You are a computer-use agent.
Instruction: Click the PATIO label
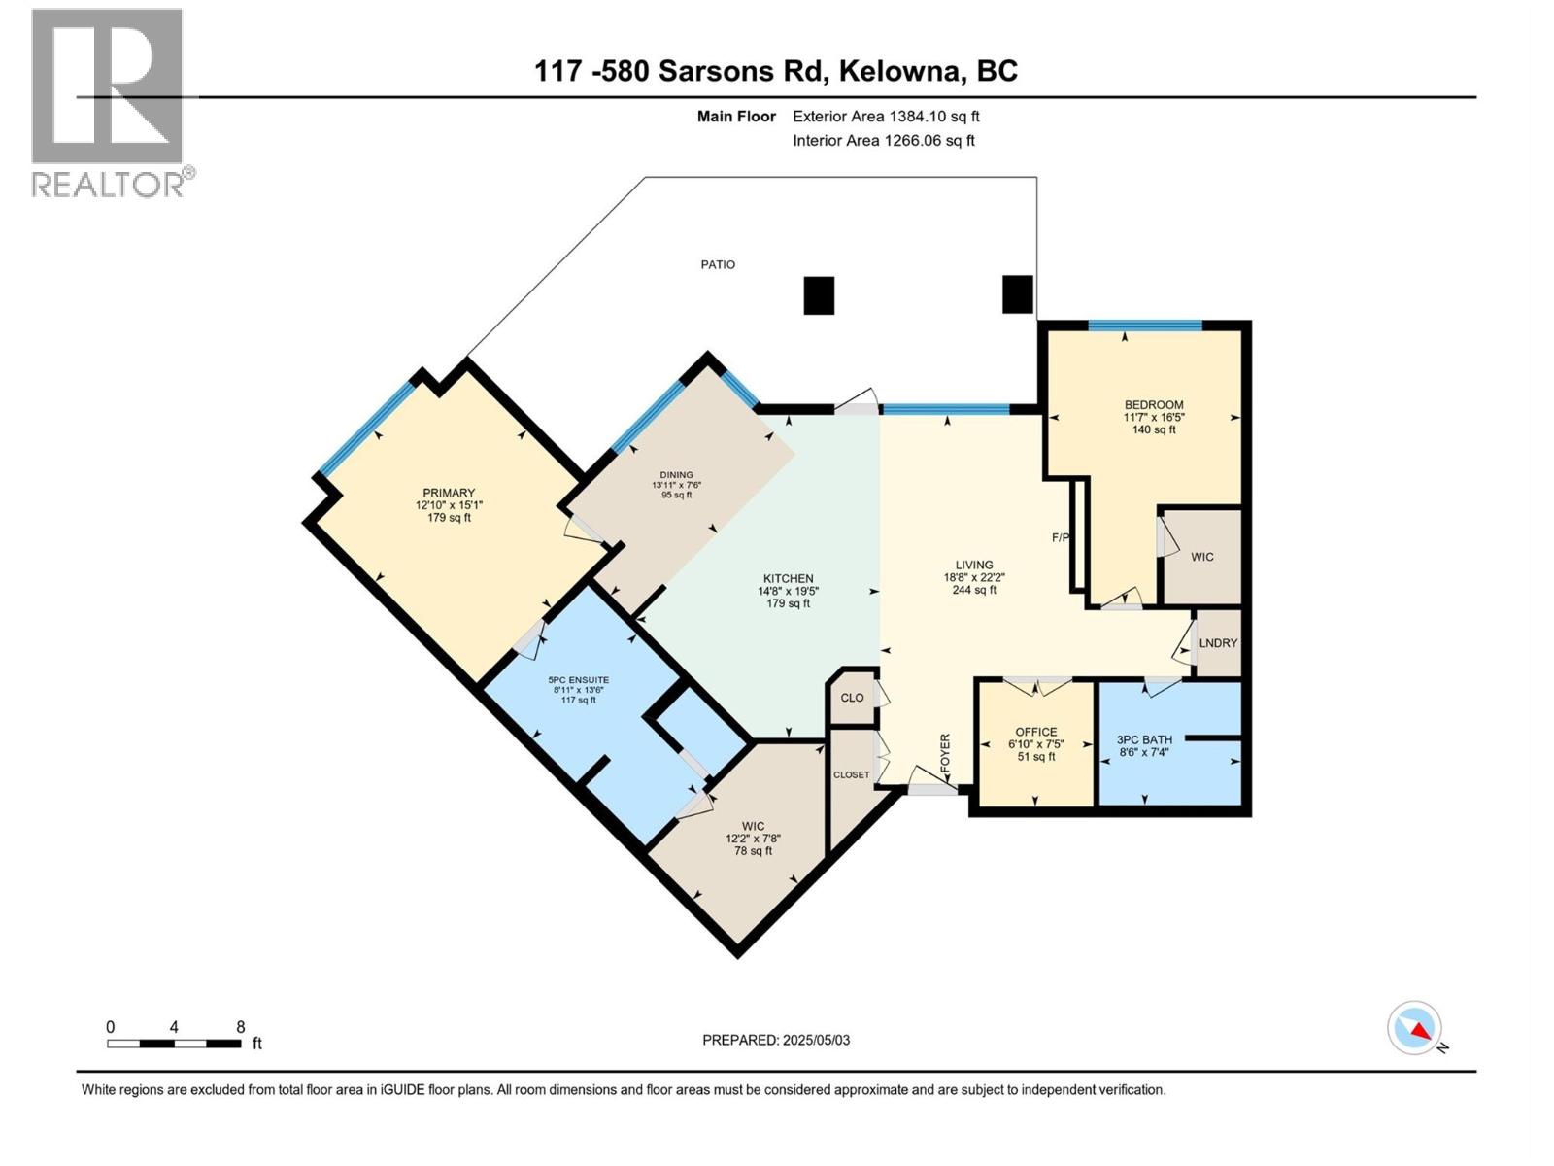click(x=718, y=264)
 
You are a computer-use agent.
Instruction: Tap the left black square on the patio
click(x=819, y=295)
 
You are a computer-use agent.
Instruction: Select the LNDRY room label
click(x=1218, y=643)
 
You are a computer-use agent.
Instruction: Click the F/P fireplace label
click(x=1061, y=537)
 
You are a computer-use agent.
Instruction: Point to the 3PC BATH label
click(x=1144, y=739)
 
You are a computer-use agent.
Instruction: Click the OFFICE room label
click(x=1035, y=732)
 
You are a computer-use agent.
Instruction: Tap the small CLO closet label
click(x=852, y=698)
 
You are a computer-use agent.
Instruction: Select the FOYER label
click(x=945, y=753)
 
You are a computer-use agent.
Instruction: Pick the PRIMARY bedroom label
click(x=449, y=493)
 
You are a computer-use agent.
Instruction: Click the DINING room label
click(x=676, y=475)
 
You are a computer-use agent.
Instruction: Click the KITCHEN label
click(x=788, y=578)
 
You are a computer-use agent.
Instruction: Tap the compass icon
click(x=1414, y=1028)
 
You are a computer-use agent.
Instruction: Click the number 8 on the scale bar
click(x=240, y=1027)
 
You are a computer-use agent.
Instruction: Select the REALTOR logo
click(x=109, y=102)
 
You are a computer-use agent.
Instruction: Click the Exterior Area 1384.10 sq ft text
click(x=886, y=117)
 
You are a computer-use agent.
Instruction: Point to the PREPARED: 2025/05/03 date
click(x=776, y=1040)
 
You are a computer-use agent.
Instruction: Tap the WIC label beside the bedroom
click(x=1201, y=557)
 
